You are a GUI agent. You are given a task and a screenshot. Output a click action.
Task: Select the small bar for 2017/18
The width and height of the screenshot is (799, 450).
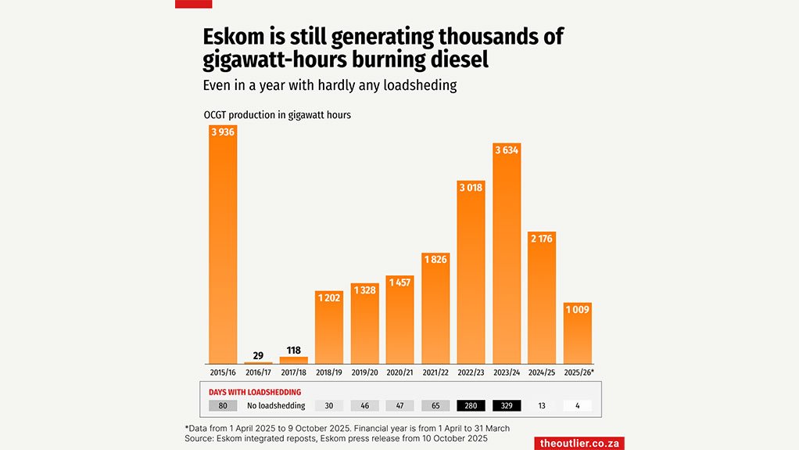tap(294, 360)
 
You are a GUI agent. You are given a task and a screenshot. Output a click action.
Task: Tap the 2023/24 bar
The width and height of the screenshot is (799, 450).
tap(507, 254)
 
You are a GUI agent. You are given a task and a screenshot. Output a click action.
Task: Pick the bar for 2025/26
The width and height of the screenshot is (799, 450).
tap(578, 333)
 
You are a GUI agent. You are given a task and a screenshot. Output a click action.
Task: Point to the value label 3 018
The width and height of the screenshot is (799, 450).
tap(471, 188)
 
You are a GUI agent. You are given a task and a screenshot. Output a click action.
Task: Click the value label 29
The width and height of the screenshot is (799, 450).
tap(258, 355)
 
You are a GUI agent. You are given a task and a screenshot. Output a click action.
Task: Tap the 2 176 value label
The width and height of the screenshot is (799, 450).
tap(542, 239)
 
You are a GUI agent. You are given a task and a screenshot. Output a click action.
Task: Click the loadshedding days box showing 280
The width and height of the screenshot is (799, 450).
tap(471, 406)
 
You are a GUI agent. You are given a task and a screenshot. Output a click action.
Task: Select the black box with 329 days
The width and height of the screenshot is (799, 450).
tap(507, 406)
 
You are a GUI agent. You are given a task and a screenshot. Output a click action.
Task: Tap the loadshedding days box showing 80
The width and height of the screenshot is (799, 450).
tap(223, 406)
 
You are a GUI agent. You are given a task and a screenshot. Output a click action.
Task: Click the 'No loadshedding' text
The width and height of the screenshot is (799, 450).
tap(276, 406)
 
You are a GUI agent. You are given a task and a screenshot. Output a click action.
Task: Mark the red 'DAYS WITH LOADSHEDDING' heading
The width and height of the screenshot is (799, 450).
tap(255, 392)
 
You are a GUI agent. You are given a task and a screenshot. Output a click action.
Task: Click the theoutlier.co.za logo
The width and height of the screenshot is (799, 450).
tap(579, 443)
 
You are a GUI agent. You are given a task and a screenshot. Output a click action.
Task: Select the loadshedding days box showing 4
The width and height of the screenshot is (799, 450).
tap(578, 406)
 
